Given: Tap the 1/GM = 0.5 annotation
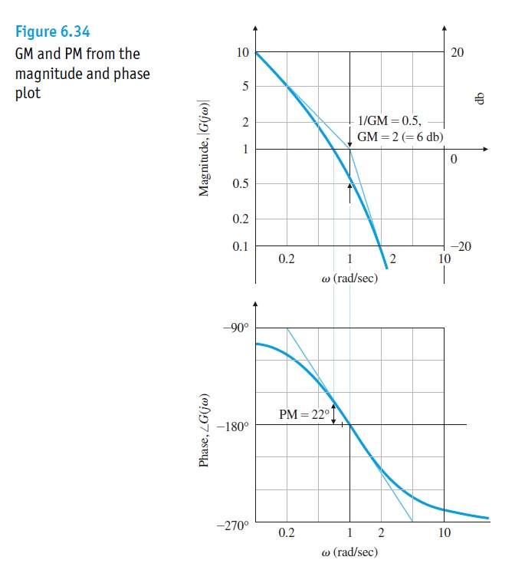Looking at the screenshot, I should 389,122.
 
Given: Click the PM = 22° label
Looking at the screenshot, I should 304,415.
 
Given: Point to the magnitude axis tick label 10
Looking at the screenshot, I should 242,53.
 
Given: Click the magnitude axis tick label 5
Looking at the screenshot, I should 245,87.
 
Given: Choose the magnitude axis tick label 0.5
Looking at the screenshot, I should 241,184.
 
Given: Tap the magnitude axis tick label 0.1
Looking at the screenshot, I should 241,245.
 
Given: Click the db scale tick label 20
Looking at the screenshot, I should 458,53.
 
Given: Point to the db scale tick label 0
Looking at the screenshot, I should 453,160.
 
